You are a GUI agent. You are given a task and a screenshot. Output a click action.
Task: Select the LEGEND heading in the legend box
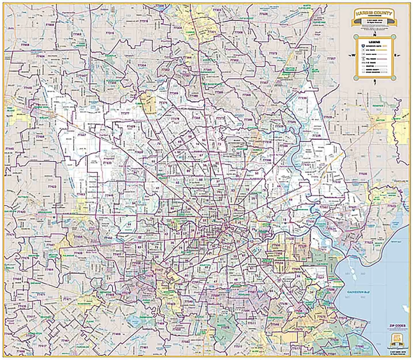tap(374, 40)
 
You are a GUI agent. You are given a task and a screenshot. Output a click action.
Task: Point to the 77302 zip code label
tap(234, 60)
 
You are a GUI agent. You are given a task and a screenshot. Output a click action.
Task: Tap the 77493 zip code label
tap(81, 194)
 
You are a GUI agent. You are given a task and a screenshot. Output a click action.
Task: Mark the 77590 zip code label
tap(359, 346)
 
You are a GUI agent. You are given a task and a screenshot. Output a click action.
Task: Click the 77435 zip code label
tap(22, 306)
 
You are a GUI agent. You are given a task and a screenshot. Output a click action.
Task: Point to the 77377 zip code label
tap(125, 114)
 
